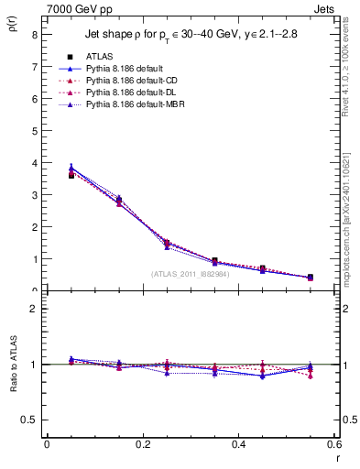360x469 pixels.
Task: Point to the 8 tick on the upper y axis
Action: click(x=34, y=34)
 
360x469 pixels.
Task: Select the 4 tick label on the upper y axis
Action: click(x=34, y=163)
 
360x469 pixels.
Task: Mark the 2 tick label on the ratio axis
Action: click(x=34, y=309)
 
